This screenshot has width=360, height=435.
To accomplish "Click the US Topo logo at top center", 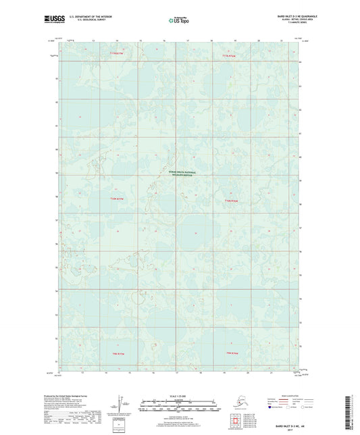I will click(x=179, y=20).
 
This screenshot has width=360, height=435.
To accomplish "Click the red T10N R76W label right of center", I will click(x=231, y=199).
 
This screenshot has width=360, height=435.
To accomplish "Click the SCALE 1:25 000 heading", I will click(x=178, y=395).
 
